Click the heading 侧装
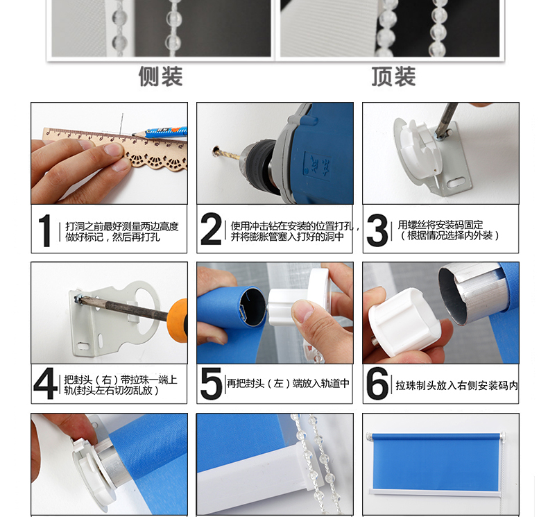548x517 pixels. (x=161, y=76)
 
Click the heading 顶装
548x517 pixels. (x=393, y=76)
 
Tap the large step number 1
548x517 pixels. (x=44, y=230)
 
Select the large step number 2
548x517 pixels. (x=211, y=228)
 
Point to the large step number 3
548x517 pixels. (x=377, y=230)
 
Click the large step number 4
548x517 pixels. (x=45, y=383)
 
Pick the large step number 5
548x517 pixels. (x=212, y=383)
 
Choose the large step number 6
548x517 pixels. (x=377, y=383)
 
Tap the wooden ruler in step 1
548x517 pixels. (x=115, y=147)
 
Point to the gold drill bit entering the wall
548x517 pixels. (x=228, y=154)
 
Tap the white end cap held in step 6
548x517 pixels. (x=404, y=322)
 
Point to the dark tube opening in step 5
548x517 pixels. (x=252, y=307)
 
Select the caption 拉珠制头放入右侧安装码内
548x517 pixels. (x=457, y=385)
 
